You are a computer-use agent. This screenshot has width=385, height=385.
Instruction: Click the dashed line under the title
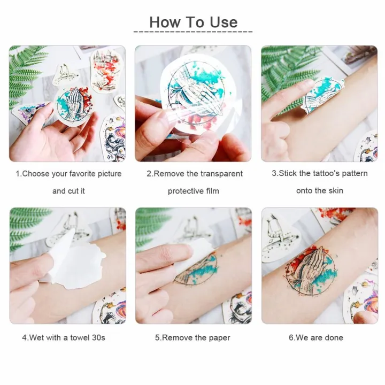(192, 32)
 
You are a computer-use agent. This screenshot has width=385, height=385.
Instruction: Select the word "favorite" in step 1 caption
(89, 174)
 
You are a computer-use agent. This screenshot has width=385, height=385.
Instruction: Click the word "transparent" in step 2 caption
(221, 174)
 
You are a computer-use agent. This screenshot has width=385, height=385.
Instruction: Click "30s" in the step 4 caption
(98, 338)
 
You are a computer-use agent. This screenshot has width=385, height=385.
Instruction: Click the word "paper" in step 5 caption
(219, 338)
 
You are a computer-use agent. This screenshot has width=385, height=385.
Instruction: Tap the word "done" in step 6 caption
(334, 338)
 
